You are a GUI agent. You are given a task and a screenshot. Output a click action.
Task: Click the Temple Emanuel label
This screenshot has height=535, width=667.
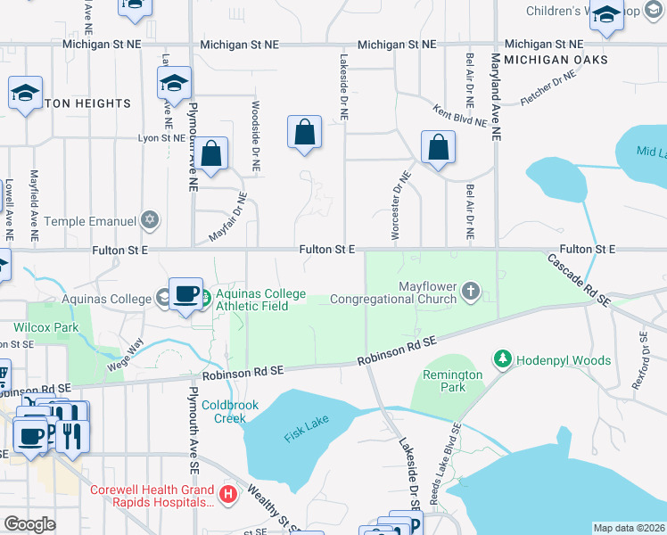89,220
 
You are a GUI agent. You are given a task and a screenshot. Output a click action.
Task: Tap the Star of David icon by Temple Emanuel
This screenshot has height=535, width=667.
150,219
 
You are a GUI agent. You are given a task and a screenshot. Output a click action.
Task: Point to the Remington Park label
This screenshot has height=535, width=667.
453,382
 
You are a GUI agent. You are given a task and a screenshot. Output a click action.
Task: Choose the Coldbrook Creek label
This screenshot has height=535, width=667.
229,411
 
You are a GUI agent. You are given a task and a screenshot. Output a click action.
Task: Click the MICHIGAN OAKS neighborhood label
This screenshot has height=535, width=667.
556,60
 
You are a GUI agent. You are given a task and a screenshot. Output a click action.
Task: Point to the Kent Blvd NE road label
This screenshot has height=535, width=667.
460,115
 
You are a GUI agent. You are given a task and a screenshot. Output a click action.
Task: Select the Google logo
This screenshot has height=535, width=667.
29,524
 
